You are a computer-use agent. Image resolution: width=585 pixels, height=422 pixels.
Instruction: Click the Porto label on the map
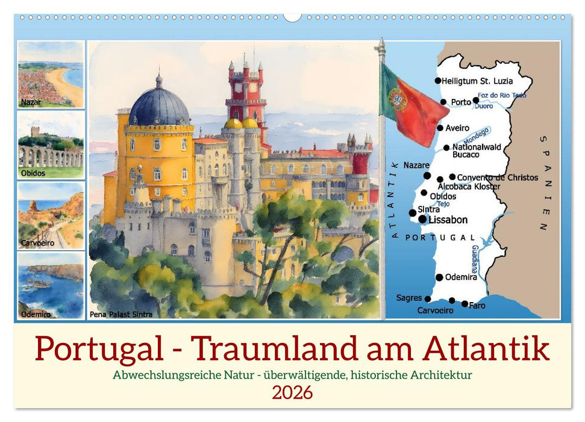click(461, 102)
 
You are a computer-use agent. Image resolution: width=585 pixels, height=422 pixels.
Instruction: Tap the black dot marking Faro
click(465, 304)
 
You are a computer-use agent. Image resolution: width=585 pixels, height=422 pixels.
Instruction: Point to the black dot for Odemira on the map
click(439, 277)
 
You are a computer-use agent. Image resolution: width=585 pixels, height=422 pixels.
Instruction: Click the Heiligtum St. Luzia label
click(477, 80)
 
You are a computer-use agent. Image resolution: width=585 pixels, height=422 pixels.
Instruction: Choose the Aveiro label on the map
click(457, 128)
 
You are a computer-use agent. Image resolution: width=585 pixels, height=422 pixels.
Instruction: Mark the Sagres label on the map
click(409, 298)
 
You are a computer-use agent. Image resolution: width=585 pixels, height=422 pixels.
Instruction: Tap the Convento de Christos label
click(498, 177)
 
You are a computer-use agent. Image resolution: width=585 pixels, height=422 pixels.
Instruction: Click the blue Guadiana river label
click(474, 260)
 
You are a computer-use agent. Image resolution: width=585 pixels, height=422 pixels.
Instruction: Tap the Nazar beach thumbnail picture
click(51, 74)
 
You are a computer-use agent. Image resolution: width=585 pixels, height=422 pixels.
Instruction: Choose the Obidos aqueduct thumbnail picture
click(51, 145)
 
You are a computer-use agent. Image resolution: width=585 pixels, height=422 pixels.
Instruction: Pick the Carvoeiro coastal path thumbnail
click(51, 215)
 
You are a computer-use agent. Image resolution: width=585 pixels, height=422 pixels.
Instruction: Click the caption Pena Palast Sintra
click(120, 314)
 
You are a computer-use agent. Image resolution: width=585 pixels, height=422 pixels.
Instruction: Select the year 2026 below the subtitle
click(292, 392)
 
